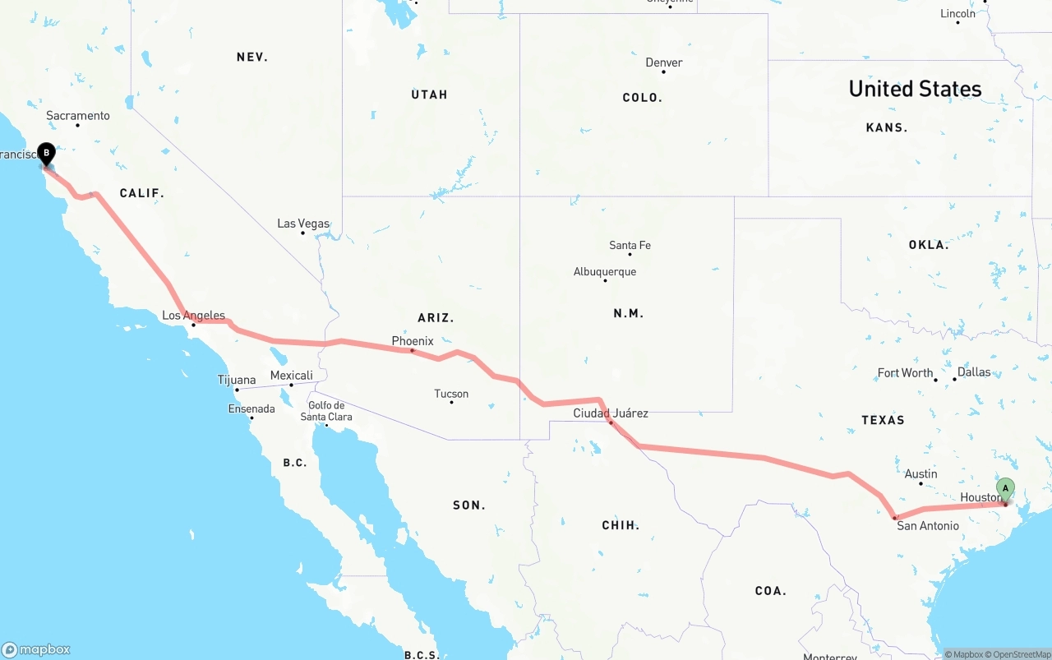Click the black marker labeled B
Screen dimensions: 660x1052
[x=47, y=152]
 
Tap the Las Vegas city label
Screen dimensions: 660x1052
[x=303, y=224]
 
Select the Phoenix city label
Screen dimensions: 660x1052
[x=413, y=341]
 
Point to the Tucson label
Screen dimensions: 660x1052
[x=451, y=394]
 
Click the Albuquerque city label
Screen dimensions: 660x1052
[x=605, y=272]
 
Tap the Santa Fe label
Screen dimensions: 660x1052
[x=630, y=245]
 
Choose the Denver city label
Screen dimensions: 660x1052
[x=664, y=62]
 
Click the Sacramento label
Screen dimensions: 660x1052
[x=78, y=116]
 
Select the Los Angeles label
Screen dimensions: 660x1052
[x=193, y=316]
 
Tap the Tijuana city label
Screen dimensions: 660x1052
[x=237, y=380]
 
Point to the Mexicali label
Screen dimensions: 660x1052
[x=292, y=376]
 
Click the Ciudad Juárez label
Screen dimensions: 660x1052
[x=611, y=413]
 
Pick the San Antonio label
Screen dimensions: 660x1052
[x=927, y=526]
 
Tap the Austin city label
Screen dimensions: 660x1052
[x=920, y=473]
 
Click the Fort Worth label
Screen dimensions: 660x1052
[x=905, y=372]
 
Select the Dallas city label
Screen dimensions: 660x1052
[x=974, y=372]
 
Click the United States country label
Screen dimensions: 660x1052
[x=915, y=89]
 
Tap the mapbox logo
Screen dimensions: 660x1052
[x=36, y=649]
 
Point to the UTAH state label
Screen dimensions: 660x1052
[x=429, y=95]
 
